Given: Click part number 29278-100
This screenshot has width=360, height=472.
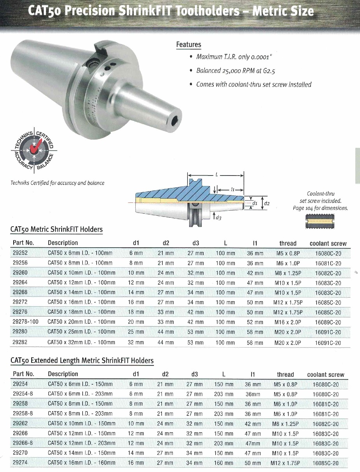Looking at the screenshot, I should (x=26, y=322).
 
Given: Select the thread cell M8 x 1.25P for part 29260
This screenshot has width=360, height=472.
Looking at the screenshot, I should (x=289, y=273).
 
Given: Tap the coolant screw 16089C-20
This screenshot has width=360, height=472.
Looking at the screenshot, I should (x=328, y=322).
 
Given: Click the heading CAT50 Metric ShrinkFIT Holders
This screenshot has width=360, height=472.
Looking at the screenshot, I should (x=56, y=229).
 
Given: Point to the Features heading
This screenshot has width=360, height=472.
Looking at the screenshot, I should (x=188, y=44).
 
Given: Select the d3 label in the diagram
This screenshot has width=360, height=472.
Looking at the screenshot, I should (x=218, y=218).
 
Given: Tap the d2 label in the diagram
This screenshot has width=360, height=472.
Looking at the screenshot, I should (x=267, y=203).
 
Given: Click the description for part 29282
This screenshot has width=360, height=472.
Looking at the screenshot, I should (x=81, y=342).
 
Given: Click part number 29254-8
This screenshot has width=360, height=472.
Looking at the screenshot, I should (x=23, y=394).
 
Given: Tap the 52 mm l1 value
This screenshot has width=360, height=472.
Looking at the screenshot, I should (x=255, y=322).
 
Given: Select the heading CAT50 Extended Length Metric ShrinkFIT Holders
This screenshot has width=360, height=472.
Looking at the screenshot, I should (x=82, y=360).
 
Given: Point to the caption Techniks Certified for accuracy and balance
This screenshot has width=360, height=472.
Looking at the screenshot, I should (x=57, y=183).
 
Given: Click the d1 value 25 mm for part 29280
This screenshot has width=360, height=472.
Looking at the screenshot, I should (x=136, y=332).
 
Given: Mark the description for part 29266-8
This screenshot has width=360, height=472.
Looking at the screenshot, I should (x=82, y=443).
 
